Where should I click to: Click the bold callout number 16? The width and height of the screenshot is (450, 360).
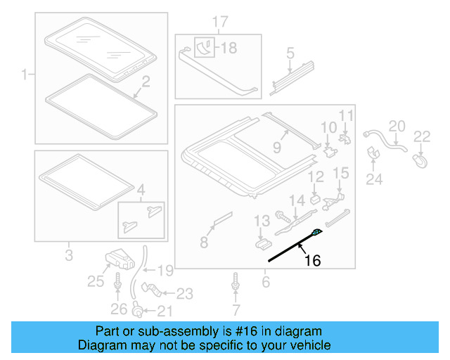coord(311,261)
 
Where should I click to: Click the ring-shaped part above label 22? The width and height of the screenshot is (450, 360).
coord(420,160)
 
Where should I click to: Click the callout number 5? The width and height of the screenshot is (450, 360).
coord(289,53)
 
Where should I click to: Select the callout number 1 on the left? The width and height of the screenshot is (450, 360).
coord(25,74)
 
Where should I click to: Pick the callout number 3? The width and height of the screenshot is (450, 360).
coord(68,254)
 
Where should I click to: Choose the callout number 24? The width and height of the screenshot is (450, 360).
coord(373,179)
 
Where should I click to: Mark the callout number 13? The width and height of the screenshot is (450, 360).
coord(261,221)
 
